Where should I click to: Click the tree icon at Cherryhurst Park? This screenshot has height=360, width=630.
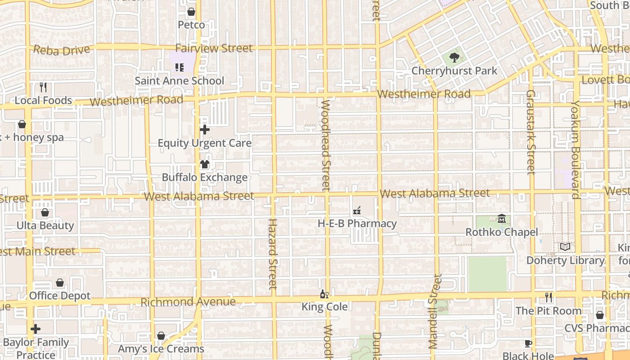pyautogui.click(x=454, y=57)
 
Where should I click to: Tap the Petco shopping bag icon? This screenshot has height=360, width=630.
pyautogui.click(x=191, y=12)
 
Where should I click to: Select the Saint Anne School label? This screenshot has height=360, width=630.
pyautogui.click(x=180, y=81)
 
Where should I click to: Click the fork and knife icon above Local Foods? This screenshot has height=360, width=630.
pyautogui.click(x=43, y=87)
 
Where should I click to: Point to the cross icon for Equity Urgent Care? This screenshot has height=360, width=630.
pyautogui.click(x=205, y=130)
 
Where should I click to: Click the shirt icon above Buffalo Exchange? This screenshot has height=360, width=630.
pyautogui.click(x=205, y=164)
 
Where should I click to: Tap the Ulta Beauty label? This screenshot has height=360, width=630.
pyautogui.click(x=45, y=225)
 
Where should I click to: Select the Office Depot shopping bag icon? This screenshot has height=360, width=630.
pyautogui.click(x=60, y=283)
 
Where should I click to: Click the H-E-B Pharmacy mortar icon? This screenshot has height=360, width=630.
pyautogui.click(x=357, y=210)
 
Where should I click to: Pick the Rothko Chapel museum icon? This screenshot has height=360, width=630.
pyautogui.click(x=502, y=219)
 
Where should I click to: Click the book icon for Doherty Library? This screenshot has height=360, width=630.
pyautogui.click(x=565, y=247)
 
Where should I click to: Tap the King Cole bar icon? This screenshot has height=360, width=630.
pyautogui.click(x=324, y=294)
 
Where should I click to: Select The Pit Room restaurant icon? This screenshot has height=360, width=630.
pyautogui.click(x=549, y=297)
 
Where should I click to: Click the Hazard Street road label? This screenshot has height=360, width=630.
pyautogui.click(x=273, y=253)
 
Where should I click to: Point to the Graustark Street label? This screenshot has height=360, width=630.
pyautogui.click(x=531, y=132)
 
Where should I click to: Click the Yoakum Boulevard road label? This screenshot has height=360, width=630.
pyautogui.click(x=576, y=149)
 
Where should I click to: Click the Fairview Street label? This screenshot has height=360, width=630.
pyautogui.click(x=214, y=48)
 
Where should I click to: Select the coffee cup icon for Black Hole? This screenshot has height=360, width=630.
pyautogui.click(x=528, y=343)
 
